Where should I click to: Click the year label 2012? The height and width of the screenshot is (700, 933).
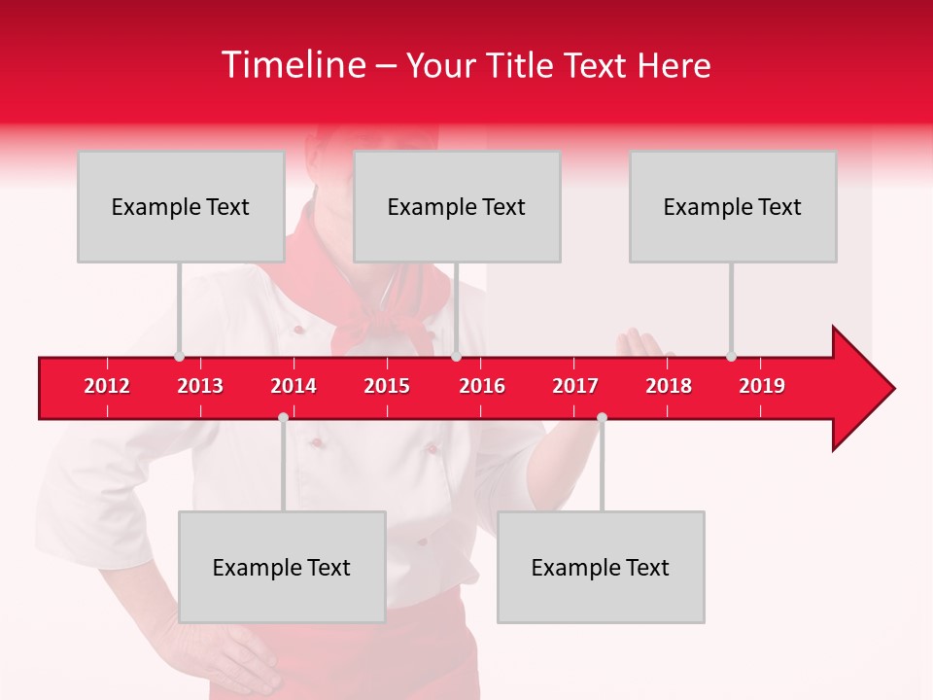(x=107, y=386)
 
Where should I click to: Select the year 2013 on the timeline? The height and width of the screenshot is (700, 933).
(x=200, y=386)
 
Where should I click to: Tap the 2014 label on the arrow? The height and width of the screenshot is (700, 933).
(x=294, y=386)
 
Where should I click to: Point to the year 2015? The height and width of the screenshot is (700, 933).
(x=387, y=386)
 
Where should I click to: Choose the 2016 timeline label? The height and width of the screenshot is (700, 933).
(x=482, y=386)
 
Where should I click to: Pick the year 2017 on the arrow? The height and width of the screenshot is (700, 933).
(x=575, y=386)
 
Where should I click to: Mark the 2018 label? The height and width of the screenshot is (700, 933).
(x=669, y=386)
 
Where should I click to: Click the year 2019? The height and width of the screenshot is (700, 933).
(x=762, y=386)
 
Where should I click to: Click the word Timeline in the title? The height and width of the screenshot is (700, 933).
(x=293, y=65)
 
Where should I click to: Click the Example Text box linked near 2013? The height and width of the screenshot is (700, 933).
(x=181, y=206)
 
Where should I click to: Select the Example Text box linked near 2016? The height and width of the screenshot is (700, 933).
(x=457, y=206)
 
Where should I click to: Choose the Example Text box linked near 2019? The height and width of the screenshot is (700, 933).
(x=733, y=206)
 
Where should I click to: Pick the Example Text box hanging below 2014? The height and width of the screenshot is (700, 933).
(x=282, y=567)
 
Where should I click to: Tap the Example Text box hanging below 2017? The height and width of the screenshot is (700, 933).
(x=601, y=567)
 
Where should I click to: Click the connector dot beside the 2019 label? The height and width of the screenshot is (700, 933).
(x=731, y=356)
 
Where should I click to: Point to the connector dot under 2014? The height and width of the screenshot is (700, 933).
(x=283, y=417)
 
